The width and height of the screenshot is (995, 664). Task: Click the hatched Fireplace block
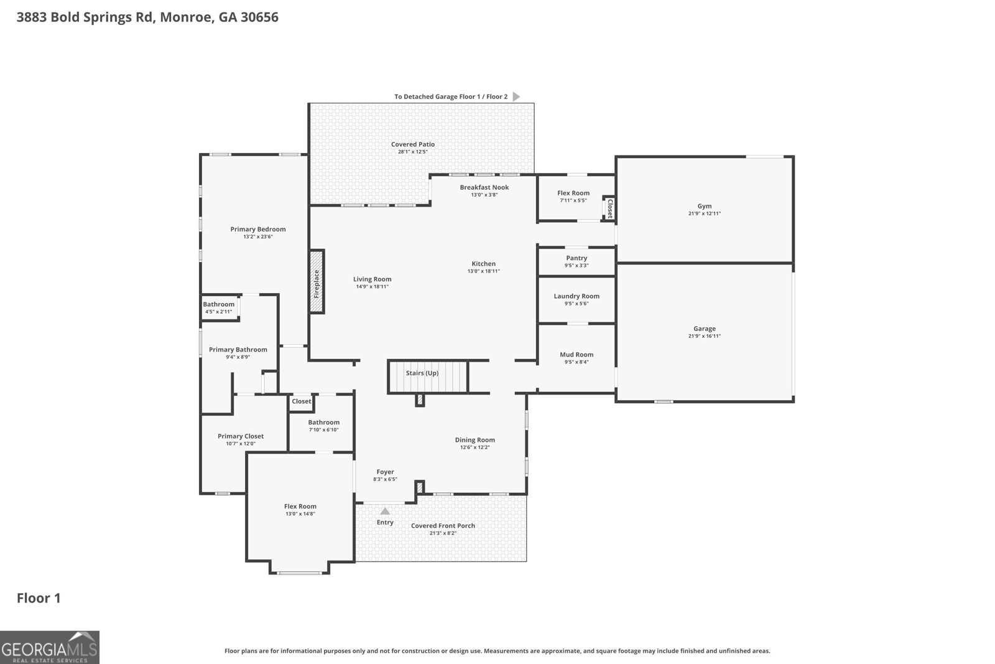(317, 281)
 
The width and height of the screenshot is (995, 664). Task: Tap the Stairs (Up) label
(422, 373)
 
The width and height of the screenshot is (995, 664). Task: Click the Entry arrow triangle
(385, 512)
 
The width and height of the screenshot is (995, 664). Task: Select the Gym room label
(704, 206)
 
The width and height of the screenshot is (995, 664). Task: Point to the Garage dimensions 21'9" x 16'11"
(704, 336)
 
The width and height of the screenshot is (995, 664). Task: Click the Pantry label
(576, 258)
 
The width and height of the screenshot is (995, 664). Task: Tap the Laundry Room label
(576, 296)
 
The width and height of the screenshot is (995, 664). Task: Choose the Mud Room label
(576, 355)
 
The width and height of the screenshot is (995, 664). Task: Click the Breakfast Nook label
(484, 187)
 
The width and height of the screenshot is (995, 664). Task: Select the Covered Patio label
(413, 144)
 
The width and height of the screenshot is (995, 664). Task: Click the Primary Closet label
(241, 436)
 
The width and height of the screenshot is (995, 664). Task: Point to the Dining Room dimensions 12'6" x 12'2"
(474, 447)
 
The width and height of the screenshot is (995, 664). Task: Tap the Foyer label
(385, 472)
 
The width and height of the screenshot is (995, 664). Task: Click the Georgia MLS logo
(50, 647)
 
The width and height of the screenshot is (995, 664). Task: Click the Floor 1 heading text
(39, 598)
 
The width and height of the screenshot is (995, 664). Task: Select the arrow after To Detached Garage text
(516, 96)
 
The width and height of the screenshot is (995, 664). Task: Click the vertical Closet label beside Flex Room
(610, 207)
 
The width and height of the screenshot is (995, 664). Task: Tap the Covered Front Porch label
(443, 526)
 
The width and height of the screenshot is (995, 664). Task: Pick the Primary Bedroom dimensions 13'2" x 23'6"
(257, 236)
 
